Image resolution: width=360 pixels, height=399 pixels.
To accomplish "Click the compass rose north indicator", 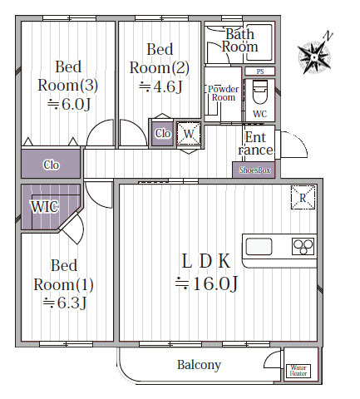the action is point(314,57).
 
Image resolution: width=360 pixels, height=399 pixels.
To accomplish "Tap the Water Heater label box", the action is point(298,371).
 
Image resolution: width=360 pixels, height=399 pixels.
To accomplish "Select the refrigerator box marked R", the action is point(303,197).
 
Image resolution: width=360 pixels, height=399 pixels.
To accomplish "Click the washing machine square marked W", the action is point(189,134).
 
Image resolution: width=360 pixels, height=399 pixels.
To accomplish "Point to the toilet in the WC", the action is point(260,91).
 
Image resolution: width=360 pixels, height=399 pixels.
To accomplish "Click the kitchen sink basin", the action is point(259,246).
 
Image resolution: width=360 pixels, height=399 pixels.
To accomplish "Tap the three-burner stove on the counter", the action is point(303,246).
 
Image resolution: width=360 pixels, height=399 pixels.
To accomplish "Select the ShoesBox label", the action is point(254,170).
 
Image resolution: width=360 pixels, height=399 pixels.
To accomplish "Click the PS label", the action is point(260,71).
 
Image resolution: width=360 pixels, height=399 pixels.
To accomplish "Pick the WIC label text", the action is point(45,207).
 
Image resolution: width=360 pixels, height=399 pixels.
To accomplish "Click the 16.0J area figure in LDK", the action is point(206,283).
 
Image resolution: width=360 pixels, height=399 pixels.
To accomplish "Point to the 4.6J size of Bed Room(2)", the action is point(160,86).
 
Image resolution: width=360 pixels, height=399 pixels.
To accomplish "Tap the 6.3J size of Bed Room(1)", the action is point(65,303).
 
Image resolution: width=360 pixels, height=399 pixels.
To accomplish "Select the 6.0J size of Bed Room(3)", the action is point(69,104).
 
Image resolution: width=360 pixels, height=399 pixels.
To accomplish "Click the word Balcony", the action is point(199,365).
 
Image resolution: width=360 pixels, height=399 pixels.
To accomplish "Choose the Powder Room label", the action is point(224,93).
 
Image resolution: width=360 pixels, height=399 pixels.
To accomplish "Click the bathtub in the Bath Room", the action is point(259,42).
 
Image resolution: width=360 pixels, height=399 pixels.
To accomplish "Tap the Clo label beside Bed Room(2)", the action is point(163,134).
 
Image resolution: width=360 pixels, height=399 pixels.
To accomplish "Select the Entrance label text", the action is point(255,144).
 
